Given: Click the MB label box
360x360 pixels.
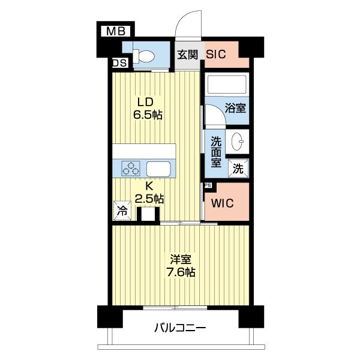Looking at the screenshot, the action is (116, 31).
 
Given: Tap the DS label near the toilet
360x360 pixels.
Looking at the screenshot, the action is (119, 62).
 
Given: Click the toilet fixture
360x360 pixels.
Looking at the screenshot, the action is (144, 56).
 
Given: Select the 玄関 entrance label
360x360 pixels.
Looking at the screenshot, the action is (187, 55).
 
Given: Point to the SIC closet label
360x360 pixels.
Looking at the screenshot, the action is (216, 55).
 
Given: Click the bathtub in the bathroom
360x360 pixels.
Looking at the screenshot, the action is (227, 85).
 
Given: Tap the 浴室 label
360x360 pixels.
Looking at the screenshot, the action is (235, 108).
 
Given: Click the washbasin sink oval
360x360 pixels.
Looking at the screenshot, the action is (238, 142).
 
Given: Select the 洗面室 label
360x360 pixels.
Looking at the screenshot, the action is (216, 152).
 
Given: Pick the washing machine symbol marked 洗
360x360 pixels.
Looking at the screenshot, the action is (238, 168).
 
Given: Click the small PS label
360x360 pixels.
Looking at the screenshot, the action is (208, 185).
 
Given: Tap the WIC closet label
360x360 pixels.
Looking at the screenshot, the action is (222, 203).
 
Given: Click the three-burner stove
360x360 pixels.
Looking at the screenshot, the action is (131, 168).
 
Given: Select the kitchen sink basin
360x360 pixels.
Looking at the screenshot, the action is (158, 169).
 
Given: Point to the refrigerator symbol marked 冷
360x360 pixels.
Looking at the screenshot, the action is (122, 211).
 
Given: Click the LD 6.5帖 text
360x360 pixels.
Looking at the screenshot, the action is (148, 109).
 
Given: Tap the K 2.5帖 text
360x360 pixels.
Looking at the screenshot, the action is (149, 193).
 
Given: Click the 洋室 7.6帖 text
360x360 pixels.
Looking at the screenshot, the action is (181, 266).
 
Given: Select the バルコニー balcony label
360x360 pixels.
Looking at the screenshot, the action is (180, 328).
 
